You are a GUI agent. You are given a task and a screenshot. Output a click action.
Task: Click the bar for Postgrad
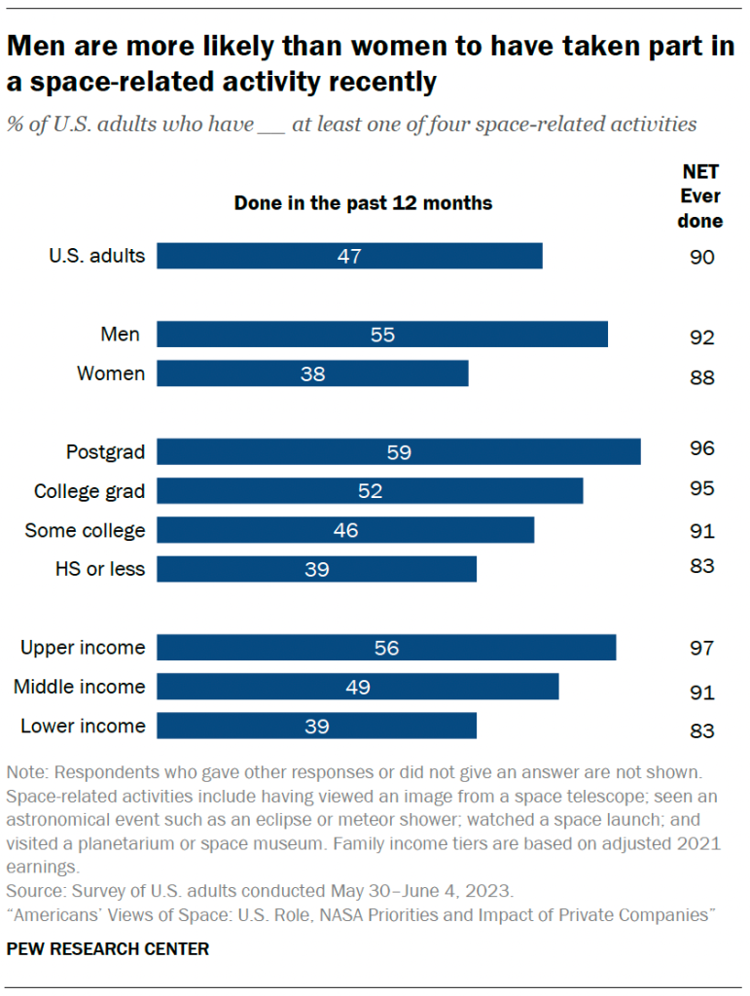[x=398, y=451]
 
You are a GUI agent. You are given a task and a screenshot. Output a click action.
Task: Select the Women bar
[x=312, y=373]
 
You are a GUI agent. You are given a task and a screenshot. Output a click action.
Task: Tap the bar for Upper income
[x=386, y=648]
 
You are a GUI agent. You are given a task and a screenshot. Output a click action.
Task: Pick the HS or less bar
[x=316, y=569]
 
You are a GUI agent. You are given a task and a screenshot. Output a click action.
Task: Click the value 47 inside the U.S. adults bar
[x=350, y=257]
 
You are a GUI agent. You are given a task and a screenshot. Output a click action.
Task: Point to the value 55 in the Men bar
[x=383, y=335]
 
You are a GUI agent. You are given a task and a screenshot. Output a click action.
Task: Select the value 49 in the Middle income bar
[x=358, y=687]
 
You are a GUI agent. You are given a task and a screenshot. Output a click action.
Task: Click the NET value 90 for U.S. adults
[x=701, y=258]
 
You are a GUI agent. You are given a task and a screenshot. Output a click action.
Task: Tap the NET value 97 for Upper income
[x=701, y=649]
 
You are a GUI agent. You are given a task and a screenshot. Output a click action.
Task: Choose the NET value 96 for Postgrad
[x=701, y=448]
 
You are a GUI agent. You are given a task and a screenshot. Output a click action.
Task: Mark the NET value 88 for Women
[x=701, y=377]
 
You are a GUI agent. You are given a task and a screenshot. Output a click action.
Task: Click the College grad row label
[x=89, y=491]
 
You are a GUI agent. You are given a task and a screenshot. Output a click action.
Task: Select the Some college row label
[x=85, y=530]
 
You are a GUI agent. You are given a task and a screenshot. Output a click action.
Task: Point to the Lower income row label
[x=83, y=726]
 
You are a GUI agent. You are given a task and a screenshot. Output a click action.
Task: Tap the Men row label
[x=120, y=335]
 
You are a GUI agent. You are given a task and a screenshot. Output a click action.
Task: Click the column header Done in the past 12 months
[x=363, y=203]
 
